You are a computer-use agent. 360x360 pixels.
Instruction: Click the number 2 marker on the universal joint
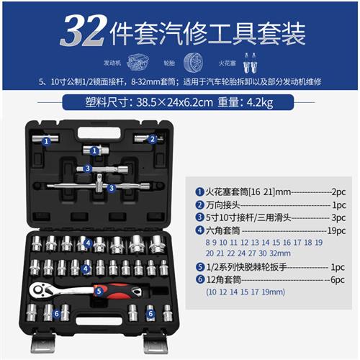(151, 140)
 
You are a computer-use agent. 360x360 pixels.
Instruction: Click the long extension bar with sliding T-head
(101, 186)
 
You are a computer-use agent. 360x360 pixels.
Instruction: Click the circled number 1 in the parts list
(199, 192)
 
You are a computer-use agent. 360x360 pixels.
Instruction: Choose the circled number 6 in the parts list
(199, 279)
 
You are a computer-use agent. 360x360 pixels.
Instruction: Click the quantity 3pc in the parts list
(336, 217)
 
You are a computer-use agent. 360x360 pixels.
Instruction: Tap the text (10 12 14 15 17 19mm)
(245, 293)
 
